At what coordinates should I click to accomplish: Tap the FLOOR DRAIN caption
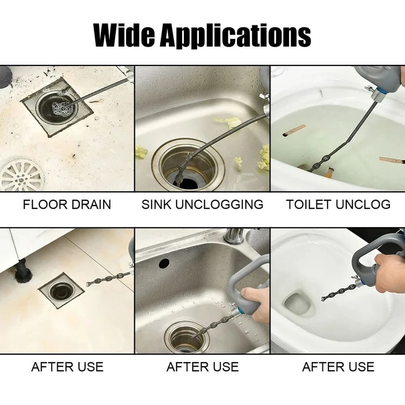pyautogui.click(x=67, y=205)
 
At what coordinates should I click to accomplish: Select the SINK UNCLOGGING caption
pyautogui.click(x=202, y=205)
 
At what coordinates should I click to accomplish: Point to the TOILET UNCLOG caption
pyautogui.click(x=338, y=205)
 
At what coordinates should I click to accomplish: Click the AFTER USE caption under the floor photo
pyautogui.click(x=67, y=367)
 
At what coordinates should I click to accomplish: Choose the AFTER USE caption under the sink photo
pyautogui.click(x=202, y=367)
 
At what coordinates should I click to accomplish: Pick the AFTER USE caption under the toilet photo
pyautogui.click(x=338, y=367)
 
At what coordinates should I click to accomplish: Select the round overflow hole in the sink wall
pyautogui.click(x=164, y=263)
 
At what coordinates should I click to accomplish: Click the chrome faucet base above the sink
pyautogui.click(x=233, y=236)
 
